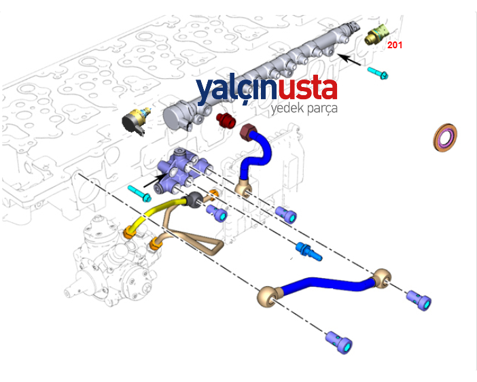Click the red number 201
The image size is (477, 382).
tap(394, 45)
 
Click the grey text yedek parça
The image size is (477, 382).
tap(304, 109)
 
